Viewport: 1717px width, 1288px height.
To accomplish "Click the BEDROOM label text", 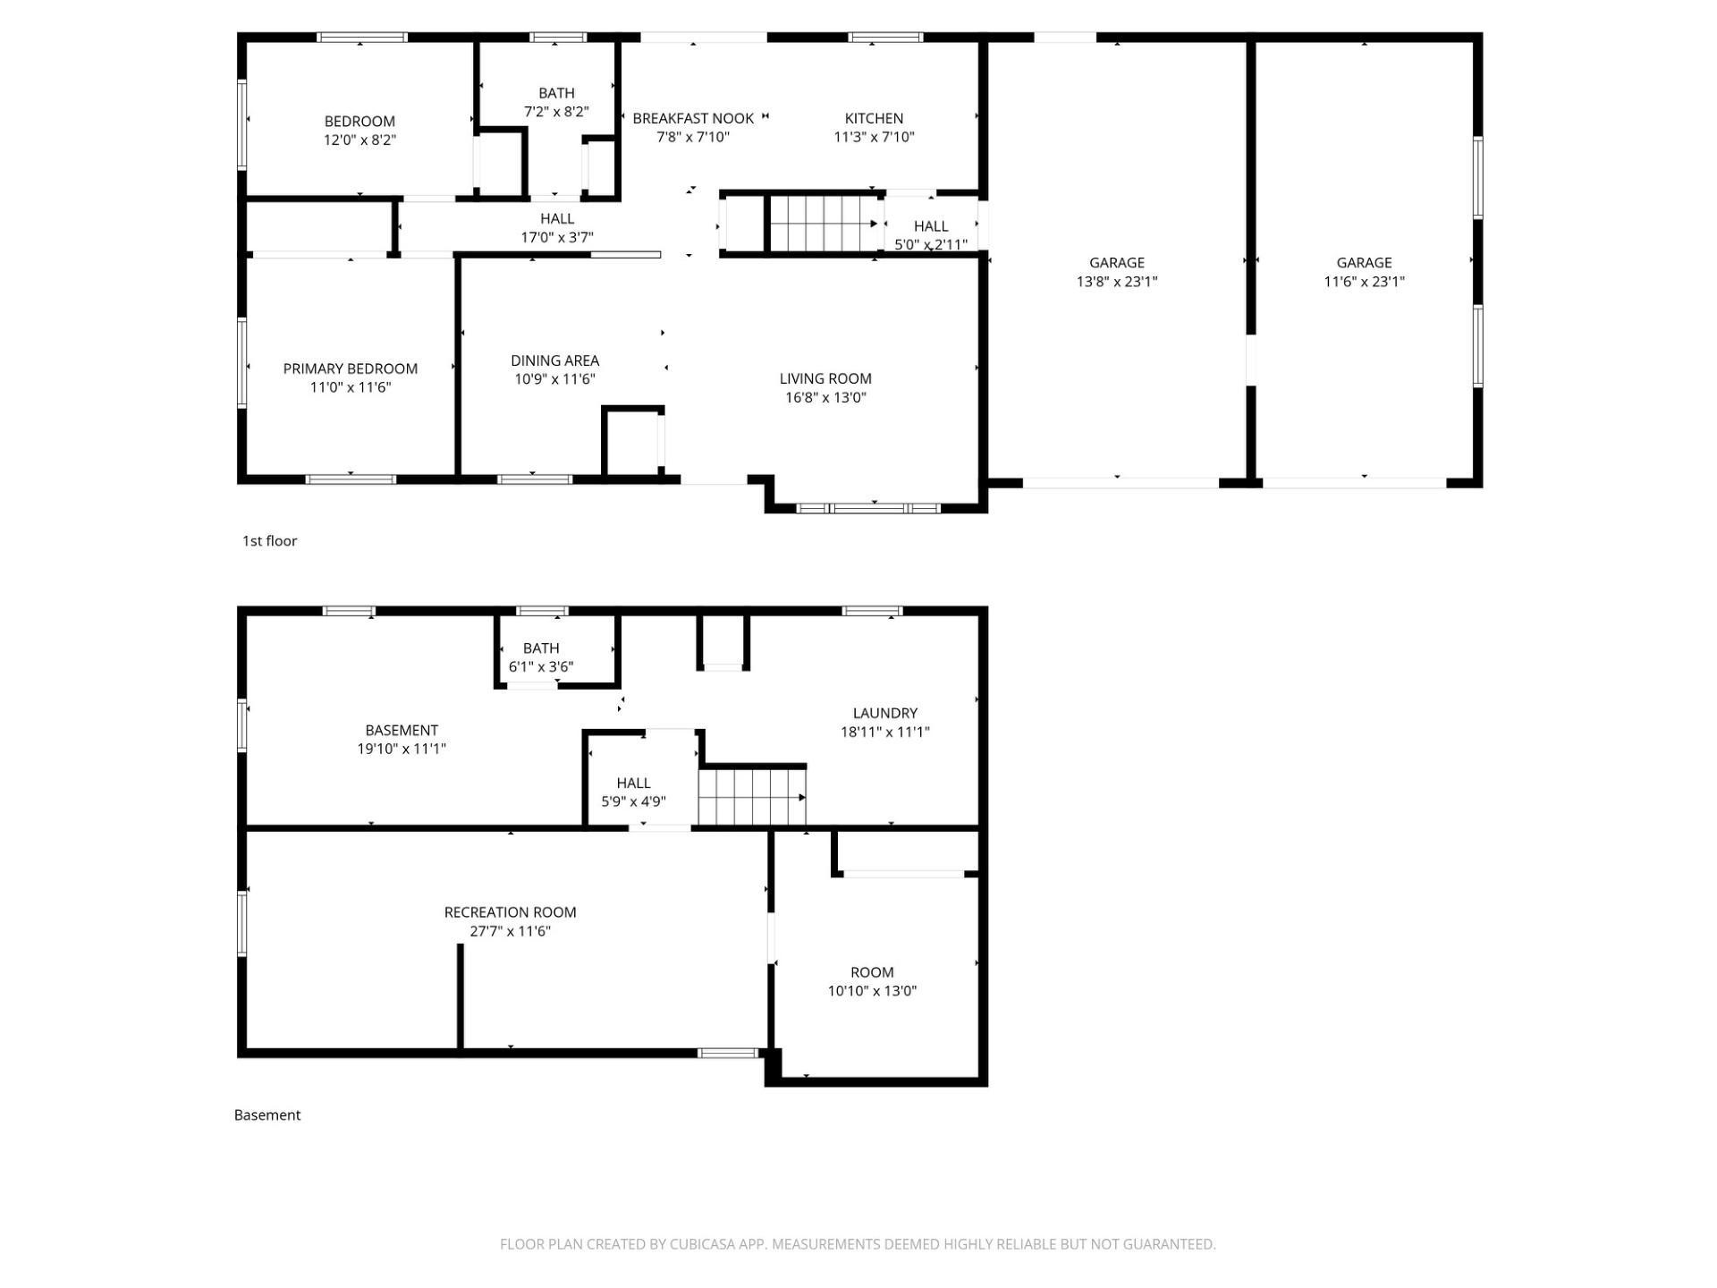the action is pyautogui.click(x=359, y=122).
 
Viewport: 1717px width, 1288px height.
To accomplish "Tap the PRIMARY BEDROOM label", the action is pyautogui.click(x=351, y=369).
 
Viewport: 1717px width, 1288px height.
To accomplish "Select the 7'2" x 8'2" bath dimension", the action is pyautogui.click(x=556, y=112).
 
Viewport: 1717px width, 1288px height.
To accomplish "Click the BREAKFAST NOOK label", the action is pyautogui.click(x=693, y=118).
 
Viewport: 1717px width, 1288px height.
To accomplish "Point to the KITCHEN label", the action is pyautogui.click(x=874, y=118).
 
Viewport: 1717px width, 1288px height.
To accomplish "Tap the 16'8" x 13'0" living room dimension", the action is pyautogui.click(x=825, y=397).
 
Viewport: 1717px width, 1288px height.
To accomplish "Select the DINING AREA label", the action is pyautogui.click(x=554, y=360).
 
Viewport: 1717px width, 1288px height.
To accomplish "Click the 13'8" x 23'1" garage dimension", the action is pyautogui.click(x=1117, y=282).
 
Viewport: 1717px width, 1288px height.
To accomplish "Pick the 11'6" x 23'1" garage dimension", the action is pyautogui.click(x=1364, y=282).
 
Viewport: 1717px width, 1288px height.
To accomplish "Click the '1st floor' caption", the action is pyautogui.click(x=269, y=541).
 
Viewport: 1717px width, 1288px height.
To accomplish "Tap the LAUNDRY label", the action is pyautogui.click(x=884, y=713).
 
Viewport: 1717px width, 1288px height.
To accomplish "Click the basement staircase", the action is pyautogui.click(x=752, y=797).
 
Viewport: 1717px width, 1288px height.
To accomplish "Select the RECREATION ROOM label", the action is pyautogui.click(x=510, y=912).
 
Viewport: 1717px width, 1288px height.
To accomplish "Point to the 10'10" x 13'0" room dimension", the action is pyautogui.click(x=872, y=991).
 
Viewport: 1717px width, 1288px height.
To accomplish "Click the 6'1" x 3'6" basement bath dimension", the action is pyautogui.click(x=541, y=666).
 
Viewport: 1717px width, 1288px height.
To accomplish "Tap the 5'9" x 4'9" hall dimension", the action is pyautogui.click(x=633, y=801).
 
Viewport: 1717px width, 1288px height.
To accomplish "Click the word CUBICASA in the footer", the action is pyautogui.click(x=706, y=1244).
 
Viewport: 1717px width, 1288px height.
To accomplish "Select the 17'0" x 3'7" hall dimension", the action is pyautogui.click(x=557, y=237).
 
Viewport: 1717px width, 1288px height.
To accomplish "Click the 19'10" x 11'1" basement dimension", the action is pyautogui.click(x=402, y=749).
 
